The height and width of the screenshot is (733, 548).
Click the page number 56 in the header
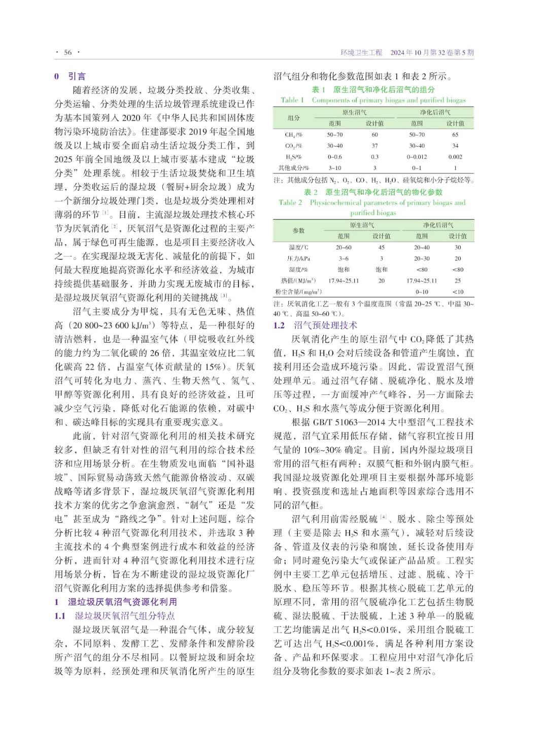(x=68, y=52)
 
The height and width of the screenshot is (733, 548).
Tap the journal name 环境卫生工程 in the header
(x=361, y=52)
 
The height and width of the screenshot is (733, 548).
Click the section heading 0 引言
(x=71, y=76)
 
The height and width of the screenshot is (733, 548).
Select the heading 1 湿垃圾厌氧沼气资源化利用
(x=116, y=602)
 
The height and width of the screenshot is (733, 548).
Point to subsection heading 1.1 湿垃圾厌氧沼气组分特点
(x=115, y=616)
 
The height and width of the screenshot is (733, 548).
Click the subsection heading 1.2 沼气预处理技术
(x=315, y=325)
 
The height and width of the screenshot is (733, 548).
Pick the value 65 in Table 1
(x=455, y=135)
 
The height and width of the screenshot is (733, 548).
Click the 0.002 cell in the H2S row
(x=455, y=157)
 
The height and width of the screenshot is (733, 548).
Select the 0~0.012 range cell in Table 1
(x=417, y=157)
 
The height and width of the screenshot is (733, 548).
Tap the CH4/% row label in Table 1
(x=294, y=135)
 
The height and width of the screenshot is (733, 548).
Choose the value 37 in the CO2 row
(x=374, y=146)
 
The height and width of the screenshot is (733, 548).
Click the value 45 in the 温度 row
(x=382, y=247)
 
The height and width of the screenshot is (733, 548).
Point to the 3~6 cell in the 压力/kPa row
(x=344, y=258)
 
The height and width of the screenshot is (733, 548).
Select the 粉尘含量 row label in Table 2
(x=298, y=292)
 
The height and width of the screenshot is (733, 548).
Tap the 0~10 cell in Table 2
(x=422, y=292)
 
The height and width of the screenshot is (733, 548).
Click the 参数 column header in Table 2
(x=298, y=230)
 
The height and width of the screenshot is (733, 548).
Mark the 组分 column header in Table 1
(x=294, y=118)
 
